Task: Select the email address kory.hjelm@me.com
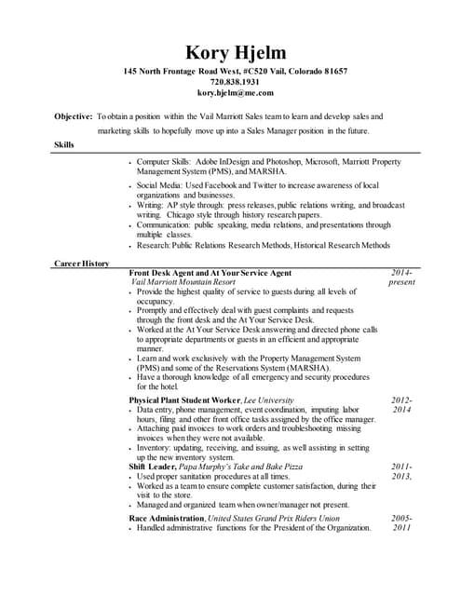pos(236,93)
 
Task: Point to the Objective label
pos(73,116)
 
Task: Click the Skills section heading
pos(65,144)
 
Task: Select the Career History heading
pos(82,264)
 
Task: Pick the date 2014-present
pos(402,277)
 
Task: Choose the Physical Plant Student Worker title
pos(184,400)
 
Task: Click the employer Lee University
pos(268,400)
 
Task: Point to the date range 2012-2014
pos(401,404)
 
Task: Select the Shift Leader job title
pos(154,467)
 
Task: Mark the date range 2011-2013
pos(401,471)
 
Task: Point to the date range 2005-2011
pos(401,522)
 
